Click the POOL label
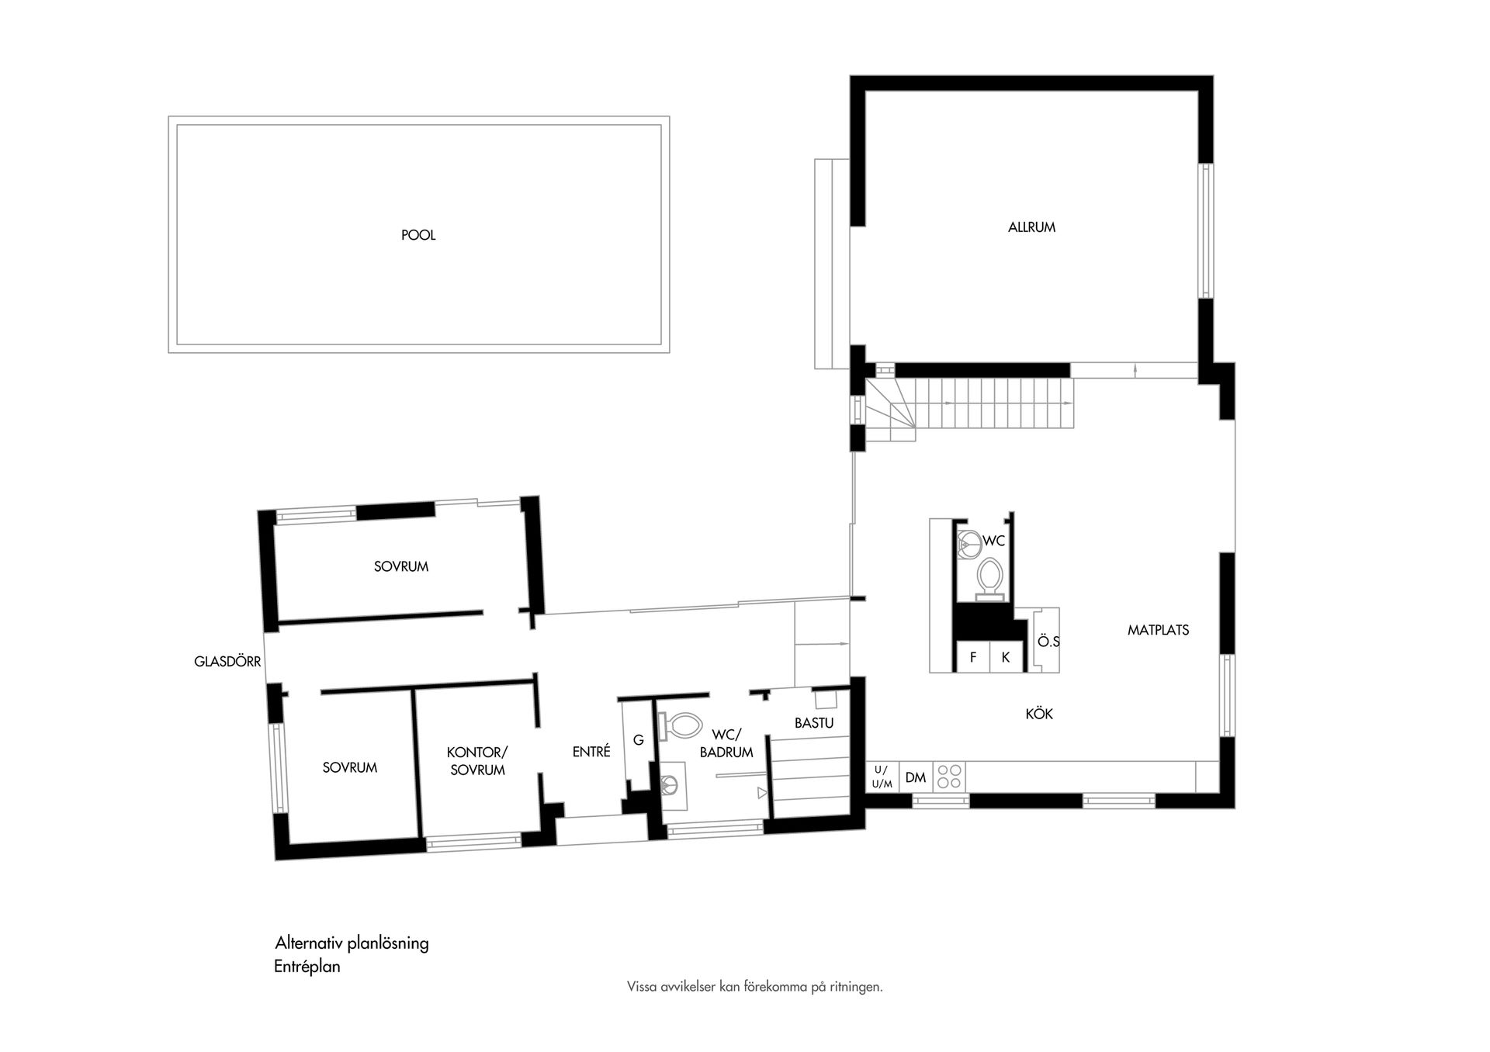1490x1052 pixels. pos(418,235)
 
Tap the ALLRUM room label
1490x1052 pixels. pos(1031,227)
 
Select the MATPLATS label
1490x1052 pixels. pos(1158,630)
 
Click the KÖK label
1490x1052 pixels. pos(1039,714)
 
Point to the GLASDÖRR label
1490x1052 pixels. pos(227,663)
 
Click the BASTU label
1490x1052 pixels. pos(814,723)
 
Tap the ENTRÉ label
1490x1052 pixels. pos(591,752)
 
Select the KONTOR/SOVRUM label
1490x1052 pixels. pos(477,761)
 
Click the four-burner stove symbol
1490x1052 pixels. pos(949,777)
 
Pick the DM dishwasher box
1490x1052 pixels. pos(916,777)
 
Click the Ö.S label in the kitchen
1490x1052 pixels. pos(1048,642)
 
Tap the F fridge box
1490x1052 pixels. pos(972,657)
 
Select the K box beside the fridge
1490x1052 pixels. pos(1005,657)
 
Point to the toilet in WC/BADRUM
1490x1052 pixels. pos(681,726)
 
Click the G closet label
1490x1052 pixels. pos(638,740)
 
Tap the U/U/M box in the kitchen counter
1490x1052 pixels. pos(882,777)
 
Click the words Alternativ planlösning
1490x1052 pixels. pos(352,943)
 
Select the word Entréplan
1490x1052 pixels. pos(307,967)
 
